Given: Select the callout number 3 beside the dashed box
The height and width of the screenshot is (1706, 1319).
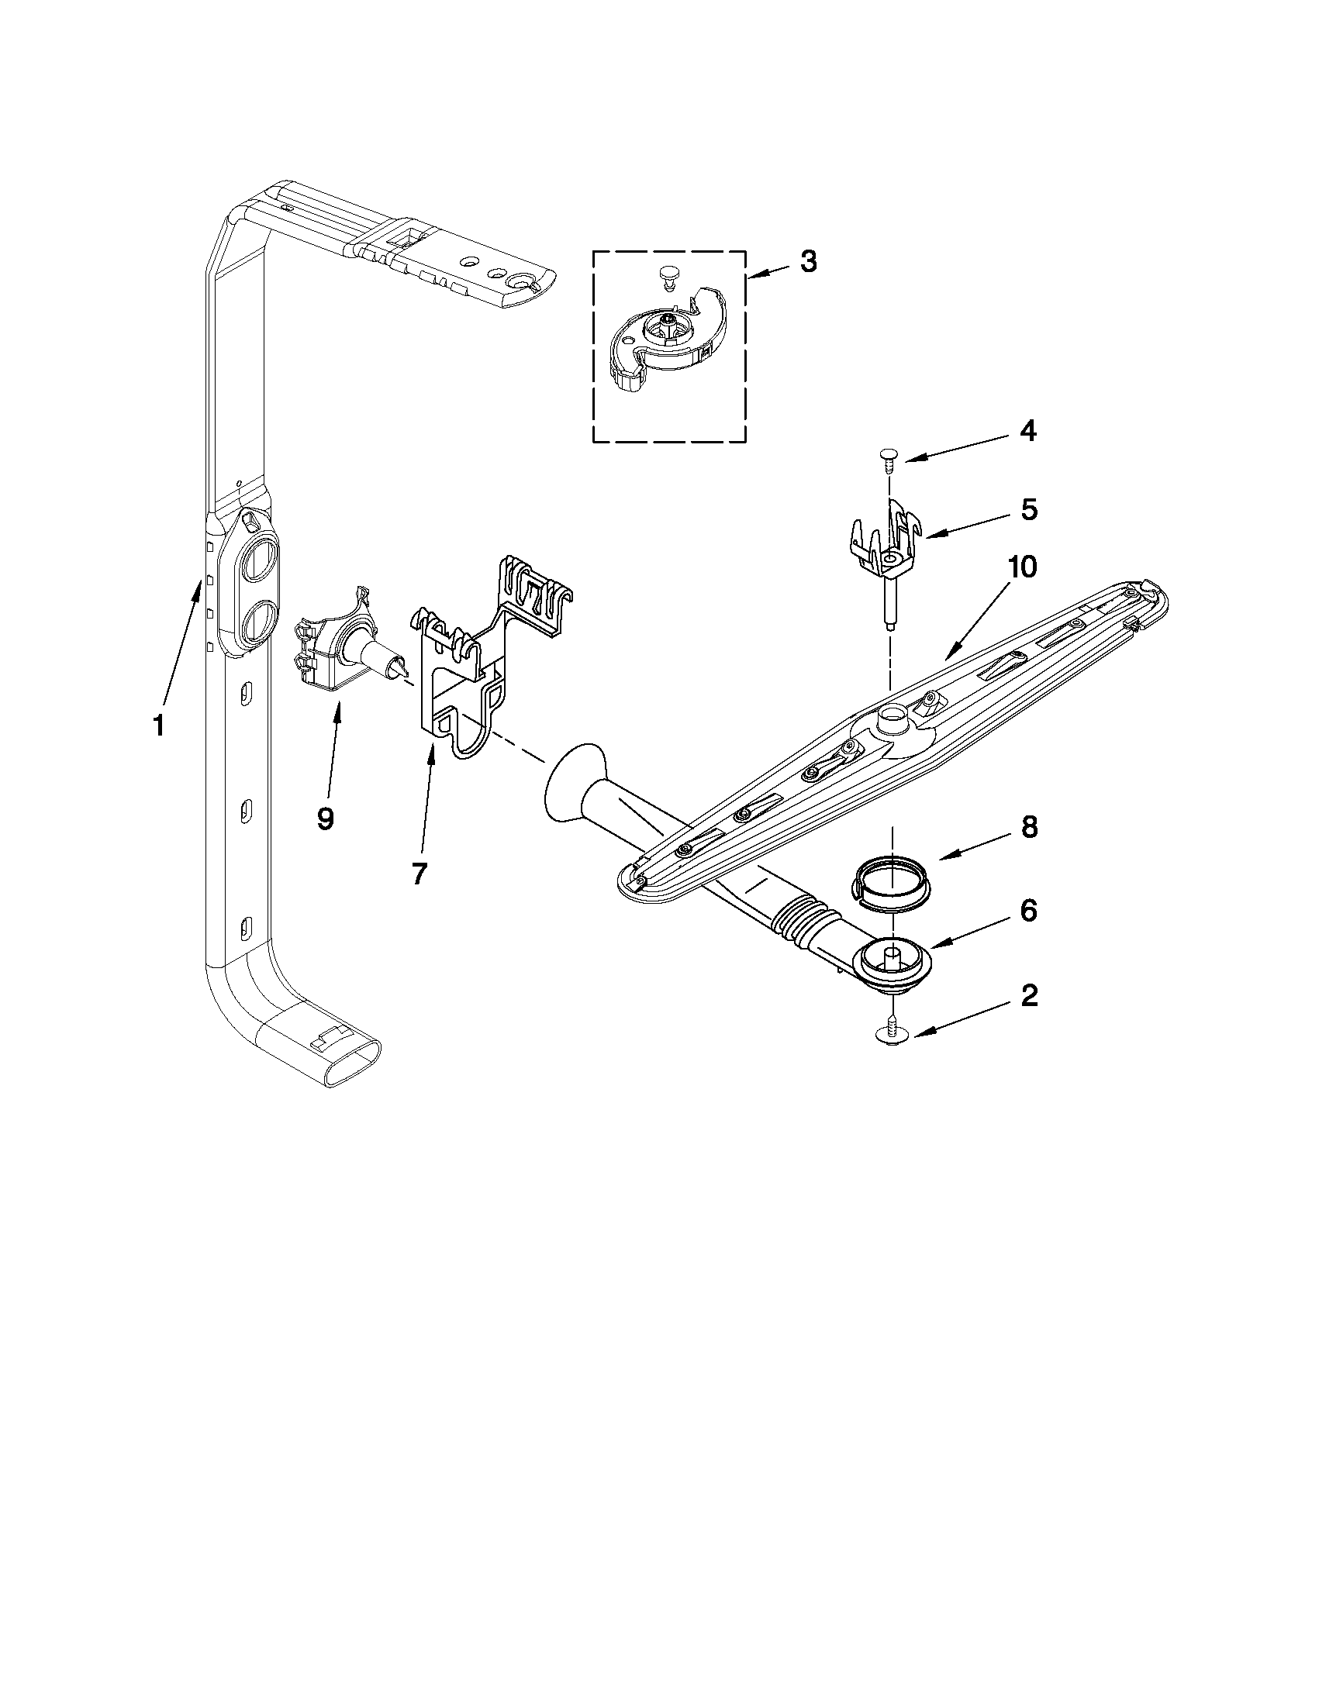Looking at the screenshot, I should click(809, 262).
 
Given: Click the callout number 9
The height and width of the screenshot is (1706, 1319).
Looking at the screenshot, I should click(326, 818).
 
